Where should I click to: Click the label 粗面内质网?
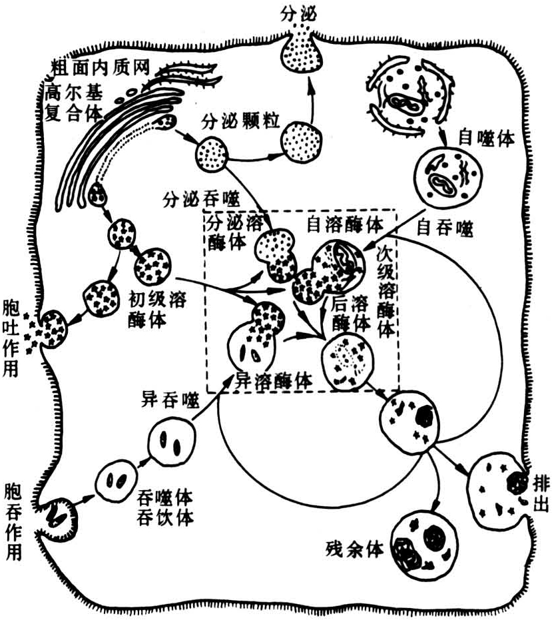[101, 68]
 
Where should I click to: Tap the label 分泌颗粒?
[240, 121]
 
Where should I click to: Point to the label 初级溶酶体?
[157, 310]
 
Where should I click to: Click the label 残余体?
[355, 549]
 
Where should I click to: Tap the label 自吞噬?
[445, 228]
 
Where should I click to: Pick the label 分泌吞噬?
[201, 199]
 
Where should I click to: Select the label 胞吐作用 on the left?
[11, 338]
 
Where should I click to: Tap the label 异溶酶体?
[273, 380]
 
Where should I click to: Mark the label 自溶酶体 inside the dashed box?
[345, 224]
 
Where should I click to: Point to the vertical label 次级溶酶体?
[386, 292]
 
